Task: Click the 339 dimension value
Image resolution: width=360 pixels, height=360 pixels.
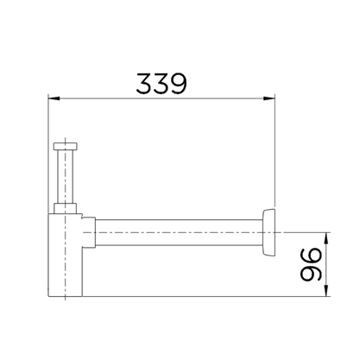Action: coord(161,84)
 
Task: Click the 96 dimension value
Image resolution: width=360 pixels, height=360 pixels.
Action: coord(311,264)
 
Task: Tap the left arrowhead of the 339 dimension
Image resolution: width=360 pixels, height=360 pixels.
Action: coord(54,98)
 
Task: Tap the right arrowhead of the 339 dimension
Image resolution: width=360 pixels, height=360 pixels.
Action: coord(269,98)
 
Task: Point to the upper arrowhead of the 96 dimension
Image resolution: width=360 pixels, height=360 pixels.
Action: coord(326,238)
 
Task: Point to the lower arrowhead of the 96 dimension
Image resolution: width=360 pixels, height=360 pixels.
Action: coord(326,290)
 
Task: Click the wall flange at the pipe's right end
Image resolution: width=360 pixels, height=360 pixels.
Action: coord(268,232)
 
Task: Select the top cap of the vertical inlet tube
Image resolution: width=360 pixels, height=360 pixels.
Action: coord(66,146)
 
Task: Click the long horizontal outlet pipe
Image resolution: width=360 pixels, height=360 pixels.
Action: coord(179,232)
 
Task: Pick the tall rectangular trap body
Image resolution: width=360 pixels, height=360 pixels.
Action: coord(65,255)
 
